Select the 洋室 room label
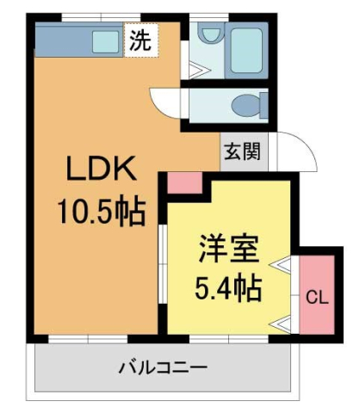pos(228,250)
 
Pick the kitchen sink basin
pos(107,40)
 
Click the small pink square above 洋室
pos(183,182)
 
